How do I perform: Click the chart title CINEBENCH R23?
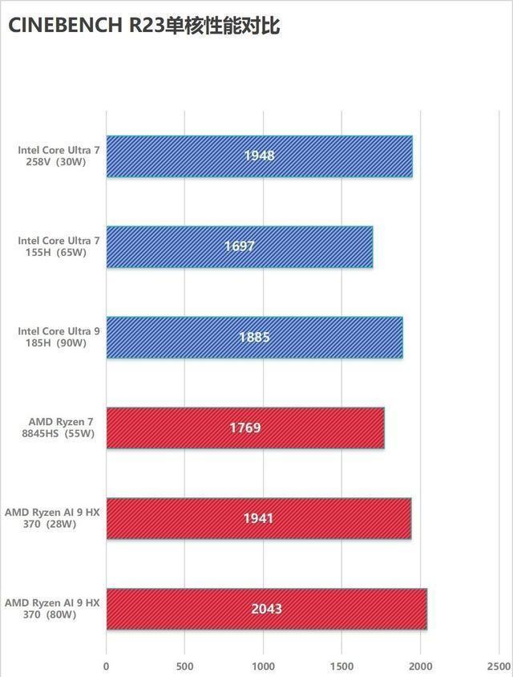[143, 26]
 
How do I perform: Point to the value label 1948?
[259, 156]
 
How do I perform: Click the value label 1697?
[239, 246]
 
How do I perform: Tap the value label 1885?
[254, 337]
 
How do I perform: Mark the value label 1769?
[245, 428]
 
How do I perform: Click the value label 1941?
[258, 518]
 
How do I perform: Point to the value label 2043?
[266, 609]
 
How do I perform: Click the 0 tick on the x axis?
[106, 666]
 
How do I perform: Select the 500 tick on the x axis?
[184, 666]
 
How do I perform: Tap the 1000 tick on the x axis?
[263, 666]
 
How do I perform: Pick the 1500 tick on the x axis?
[341, 666]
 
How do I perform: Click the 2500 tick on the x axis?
[498, 666]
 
